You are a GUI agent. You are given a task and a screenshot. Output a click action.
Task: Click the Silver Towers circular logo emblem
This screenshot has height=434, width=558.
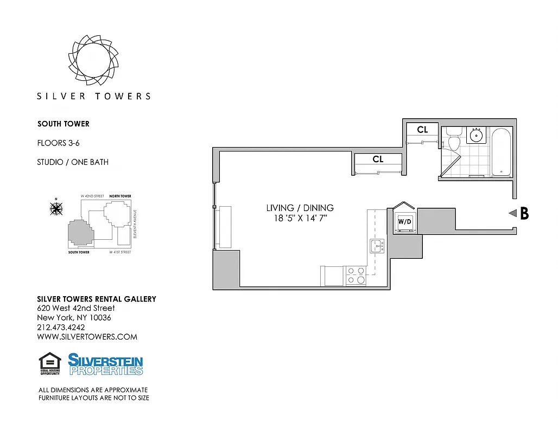click(x=93, y=58)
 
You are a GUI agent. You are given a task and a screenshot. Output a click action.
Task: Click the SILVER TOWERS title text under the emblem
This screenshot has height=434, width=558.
click(x=93, y=96)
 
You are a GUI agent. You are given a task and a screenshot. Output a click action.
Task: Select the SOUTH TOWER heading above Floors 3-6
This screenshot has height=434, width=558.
click(x=64, y=124)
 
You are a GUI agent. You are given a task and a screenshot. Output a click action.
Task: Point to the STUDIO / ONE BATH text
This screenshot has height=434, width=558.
click(x=73, y=162)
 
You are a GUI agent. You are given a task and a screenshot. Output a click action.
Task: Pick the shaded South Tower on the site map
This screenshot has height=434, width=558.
click(x=80, y=233)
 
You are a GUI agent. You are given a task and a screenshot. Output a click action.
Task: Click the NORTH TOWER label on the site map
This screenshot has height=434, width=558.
click(x=120, y=196)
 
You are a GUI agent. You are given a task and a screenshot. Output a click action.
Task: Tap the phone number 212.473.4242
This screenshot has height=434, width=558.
click(x=61, y=327)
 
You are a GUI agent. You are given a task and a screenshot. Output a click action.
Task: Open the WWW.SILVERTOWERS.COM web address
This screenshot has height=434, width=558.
click(x=87, y=336)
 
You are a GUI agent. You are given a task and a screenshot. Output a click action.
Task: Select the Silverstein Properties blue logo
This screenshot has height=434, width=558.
click(x=105, y=364)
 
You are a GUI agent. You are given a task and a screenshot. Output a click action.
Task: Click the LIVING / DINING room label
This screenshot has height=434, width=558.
click(x=300, y=208)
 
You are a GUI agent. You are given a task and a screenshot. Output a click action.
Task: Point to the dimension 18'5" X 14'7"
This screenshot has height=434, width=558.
click(x=300, y=218)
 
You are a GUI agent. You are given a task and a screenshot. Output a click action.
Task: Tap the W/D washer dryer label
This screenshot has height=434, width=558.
click(x=404, y=221)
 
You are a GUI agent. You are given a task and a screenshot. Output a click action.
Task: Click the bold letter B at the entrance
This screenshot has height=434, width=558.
click(x=524, y=214)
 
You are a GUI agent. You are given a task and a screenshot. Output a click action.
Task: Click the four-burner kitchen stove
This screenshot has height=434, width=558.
click(x=356, y=275)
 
